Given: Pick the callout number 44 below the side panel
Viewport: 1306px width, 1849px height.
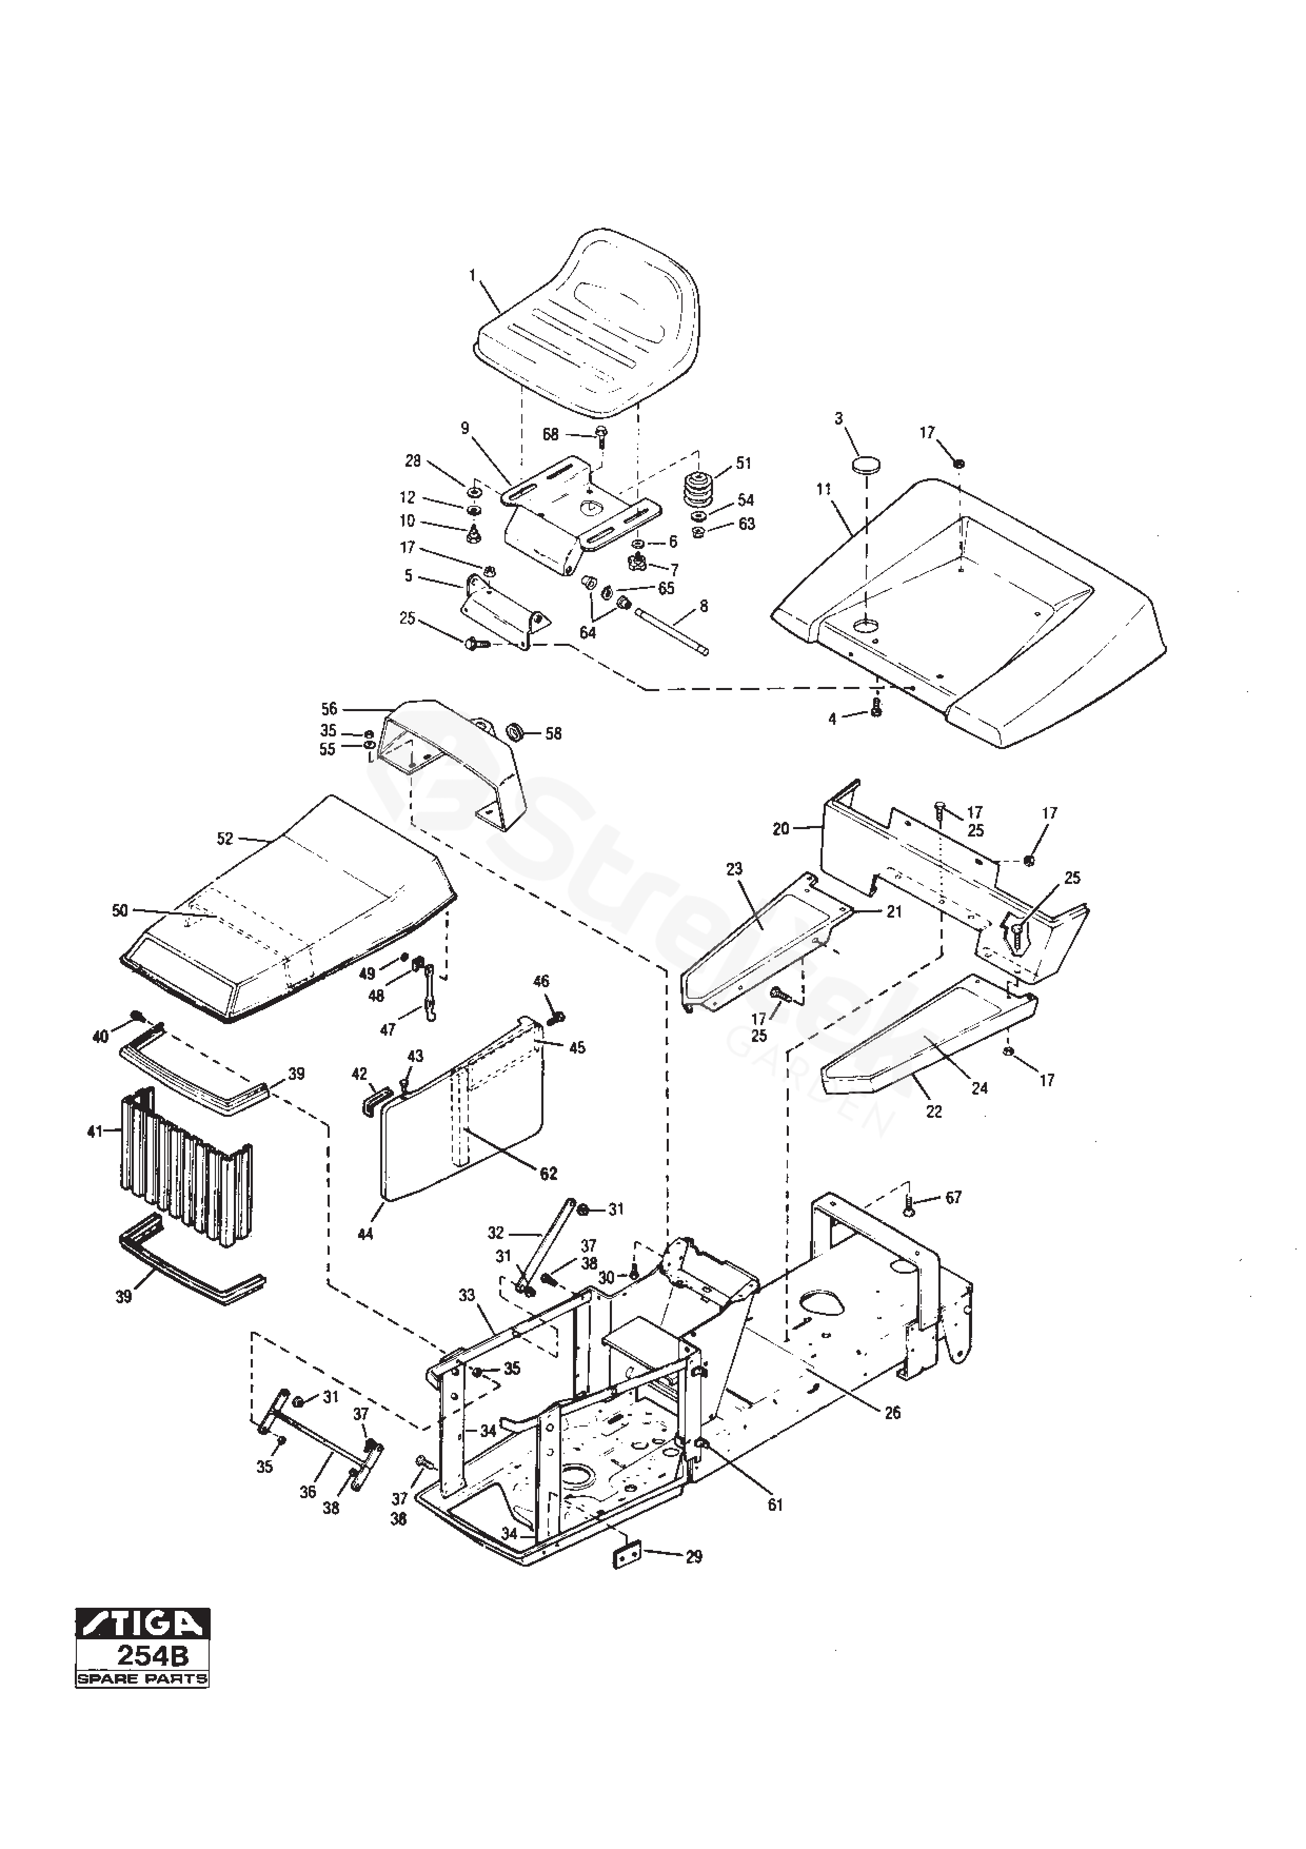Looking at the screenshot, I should [365, 1234].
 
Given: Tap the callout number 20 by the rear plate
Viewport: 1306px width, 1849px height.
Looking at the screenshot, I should [780, 828].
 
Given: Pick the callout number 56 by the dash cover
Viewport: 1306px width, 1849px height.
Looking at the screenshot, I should [329, 709].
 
